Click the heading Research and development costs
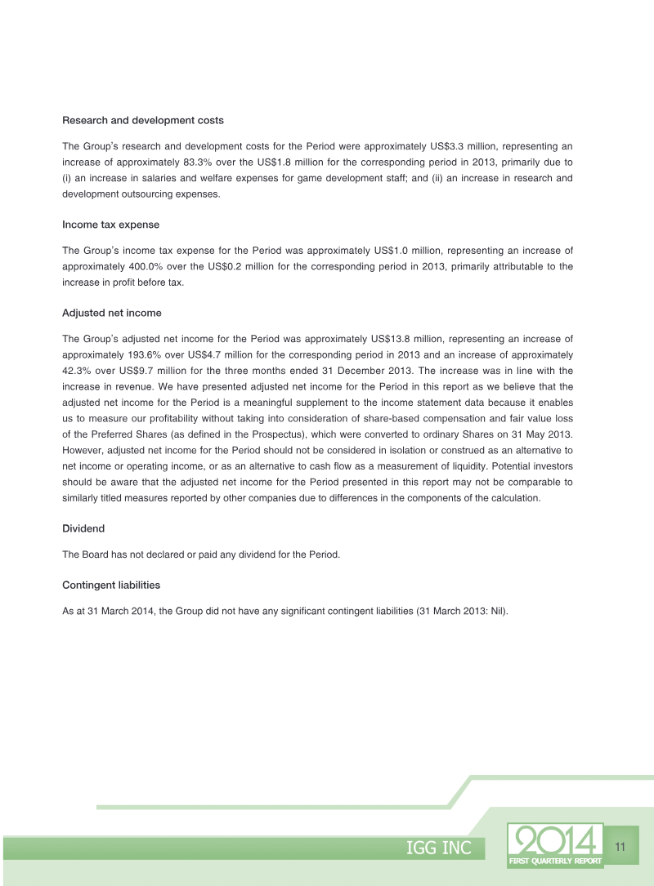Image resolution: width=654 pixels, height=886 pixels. click(x=143, y=121)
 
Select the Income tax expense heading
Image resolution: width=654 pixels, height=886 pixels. click(x=110, y=224)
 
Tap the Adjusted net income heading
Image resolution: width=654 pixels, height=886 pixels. click(x=112, y=313)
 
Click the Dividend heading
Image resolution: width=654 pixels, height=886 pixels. click(x=83, y=529)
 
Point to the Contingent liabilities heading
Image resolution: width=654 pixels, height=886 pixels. click(x=111, y=585)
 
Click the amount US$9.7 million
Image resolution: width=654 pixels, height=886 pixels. click(x=157, y=371)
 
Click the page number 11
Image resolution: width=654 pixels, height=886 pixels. click(x=620, y=847)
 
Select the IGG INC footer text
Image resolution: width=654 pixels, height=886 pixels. click(x=439, y=848)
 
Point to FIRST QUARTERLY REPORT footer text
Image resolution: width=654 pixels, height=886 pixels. click(x=555, y=861)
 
